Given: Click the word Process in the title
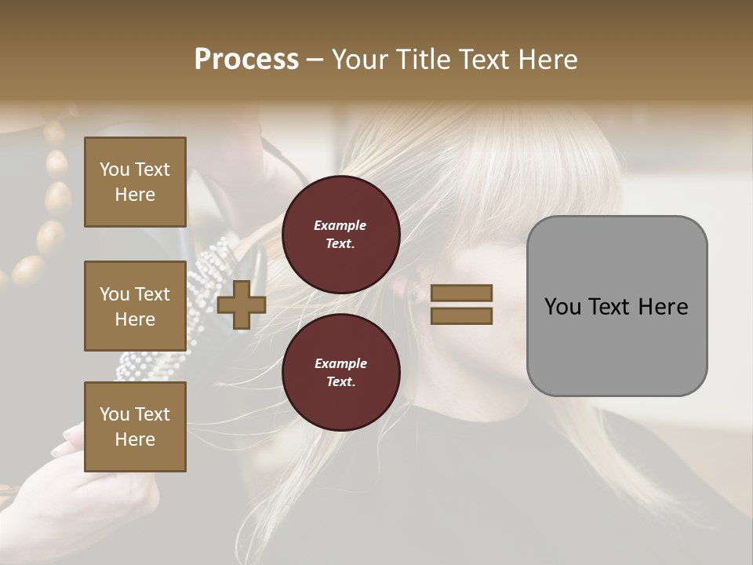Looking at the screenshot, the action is [246, 60].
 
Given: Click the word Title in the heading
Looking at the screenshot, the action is [420, 60].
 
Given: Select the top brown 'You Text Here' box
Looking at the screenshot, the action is [135, 182].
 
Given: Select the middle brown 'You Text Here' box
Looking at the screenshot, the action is [135, 306].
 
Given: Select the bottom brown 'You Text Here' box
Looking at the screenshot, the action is [135, 427].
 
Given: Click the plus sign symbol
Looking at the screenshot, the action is [241, 305].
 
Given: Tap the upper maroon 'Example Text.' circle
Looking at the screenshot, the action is [341, 235].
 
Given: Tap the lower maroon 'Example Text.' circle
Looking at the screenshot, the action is [341, 372].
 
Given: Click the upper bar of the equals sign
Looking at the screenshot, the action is [461, 293].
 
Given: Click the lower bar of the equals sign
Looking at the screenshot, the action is [461, 316].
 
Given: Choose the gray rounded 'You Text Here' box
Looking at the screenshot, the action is [617, 306].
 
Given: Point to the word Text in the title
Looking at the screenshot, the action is [484, 60].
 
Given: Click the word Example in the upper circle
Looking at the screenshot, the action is [340, 225].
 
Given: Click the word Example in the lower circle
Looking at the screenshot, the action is [340, 363].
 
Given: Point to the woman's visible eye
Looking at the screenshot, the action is [413, 296].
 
